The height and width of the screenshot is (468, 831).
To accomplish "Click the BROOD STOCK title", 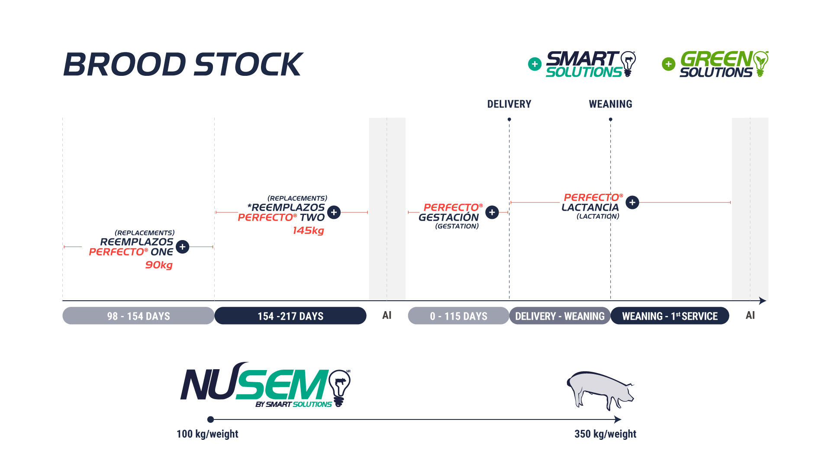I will (x=183, y=65).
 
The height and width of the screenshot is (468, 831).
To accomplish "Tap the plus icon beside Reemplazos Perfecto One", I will (x=183, y=247).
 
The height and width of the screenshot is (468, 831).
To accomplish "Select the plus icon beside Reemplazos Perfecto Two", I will (x=334, y=212).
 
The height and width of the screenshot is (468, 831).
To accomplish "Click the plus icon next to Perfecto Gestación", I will (x=492, y=212).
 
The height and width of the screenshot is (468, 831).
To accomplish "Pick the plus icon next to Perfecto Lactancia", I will (x=632, y=202).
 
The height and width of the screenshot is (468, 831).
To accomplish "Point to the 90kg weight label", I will (x=159, y=265).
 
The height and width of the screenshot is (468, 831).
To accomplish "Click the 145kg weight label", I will (x=308, y=231).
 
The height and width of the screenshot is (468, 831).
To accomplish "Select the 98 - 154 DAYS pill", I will (x=138, y=316).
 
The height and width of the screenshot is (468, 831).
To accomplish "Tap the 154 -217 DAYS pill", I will (x=290, y=316).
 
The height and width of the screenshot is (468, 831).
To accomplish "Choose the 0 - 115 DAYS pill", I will (x=458, y=316).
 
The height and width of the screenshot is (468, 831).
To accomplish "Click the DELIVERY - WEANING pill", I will (x=560, y=316).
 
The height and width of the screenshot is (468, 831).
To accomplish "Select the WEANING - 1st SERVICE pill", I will (x=670, y=316).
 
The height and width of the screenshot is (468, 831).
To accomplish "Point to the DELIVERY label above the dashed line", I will (x=509, y=104).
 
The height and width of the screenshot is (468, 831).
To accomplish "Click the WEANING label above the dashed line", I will (x=610, y=104).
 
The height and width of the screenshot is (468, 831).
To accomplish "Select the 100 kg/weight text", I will (x=207, y=434).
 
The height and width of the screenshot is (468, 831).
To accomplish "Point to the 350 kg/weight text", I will (x=605, y=434).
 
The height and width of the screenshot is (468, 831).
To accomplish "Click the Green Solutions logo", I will (x=724, y=64).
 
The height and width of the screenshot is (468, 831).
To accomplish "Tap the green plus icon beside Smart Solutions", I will (x=535, y=64).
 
